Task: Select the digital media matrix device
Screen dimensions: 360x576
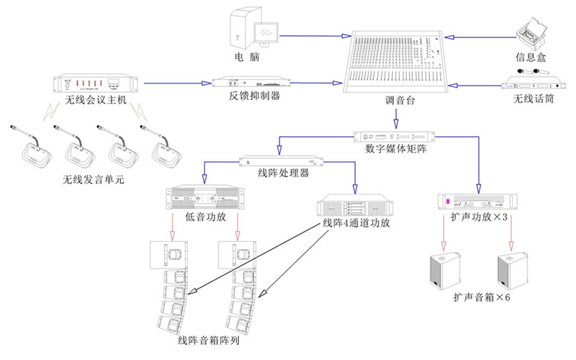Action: pos(396,136)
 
